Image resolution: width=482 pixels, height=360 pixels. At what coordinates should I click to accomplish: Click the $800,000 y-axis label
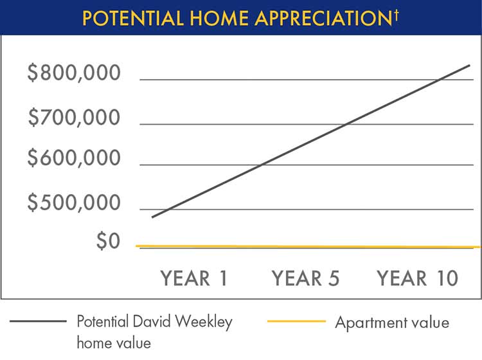(74, 74)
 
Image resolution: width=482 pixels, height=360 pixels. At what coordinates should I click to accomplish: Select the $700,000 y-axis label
(74, 118)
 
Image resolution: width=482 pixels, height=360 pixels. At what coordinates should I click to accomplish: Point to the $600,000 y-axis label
(74, 158)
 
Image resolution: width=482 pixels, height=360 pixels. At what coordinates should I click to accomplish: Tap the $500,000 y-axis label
(74, 203)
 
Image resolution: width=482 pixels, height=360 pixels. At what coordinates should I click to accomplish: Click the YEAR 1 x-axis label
(194, 278)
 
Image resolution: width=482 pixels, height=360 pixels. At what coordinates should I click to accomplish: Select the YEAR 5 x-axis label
(305, 278)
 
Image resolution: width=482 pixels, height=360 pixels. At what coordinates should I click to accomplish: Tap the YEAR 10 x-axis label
(418, 278)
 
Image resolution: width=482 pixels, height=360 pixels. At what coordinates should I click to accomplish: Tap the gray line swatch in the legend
(39, 321)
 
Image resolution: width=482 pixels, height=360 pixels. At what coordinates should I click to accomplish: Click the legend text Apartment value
(392, 322)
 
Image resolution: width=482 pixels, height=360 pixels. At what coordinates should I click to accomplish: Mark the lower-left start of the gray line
(153, 217)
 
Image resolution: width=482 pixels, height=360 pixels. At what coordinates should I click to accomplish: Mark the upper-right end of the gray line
(470, 65)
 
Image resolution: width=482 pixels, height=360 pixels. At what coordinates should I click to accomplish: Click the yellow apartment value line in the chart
(308, 246)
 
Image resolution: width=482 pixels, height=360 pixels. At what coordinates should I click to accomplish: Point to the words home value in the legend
(114, 343)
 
